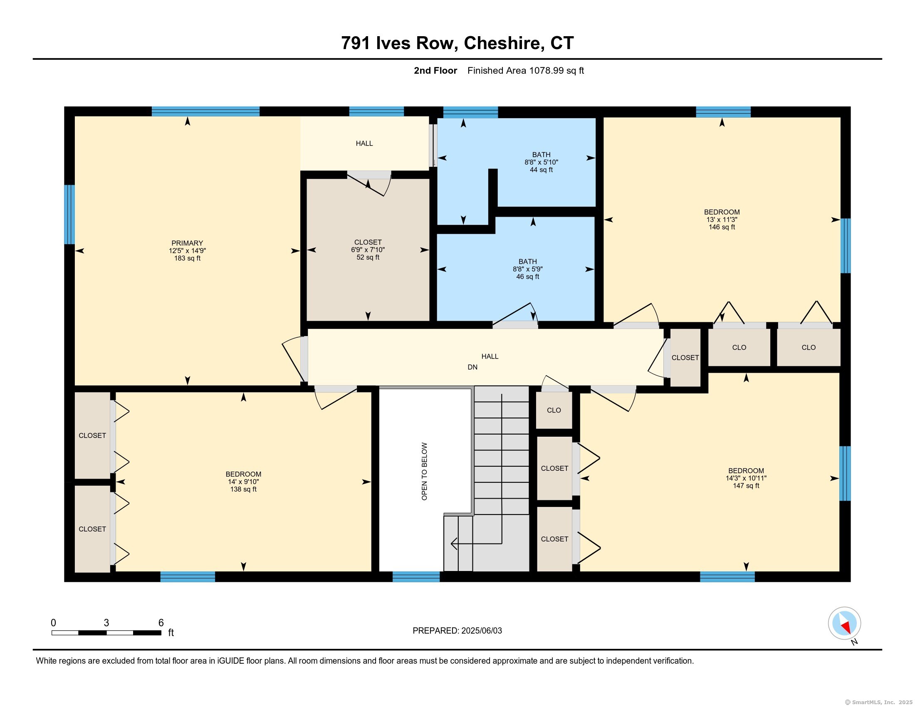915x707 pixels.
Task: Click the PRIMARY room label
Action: tap(187, 243)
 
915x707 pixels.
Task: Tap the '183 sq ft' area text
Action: tap(187, 258)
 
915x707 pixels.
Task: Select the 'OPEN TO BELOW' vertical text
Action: tap(424, 471)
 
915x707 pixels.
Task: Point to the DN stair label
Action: tap(472, 367)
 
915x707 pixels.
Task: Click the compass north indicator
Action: tap(845, 623)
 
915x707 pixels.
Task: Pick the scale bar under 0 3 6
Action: tap(106, 633)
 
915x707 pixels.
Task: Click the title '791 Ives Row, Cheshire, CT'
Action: tap(457, 43)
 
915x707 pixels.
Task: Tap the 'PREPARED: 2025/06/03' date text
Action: tap(457, 631)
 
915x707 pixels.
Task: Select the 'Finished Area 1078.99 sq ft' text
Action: tap(525, 71)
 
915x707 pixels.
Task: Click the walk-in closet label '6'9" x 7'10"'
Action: tap(368, 250)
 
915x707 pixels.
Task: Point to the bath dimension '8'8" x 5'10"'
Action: tap(541, 163)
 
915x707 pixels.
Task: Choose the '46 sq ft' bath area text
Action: tap(527, 277)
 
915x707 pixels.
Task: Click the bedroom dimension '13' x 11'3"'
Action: tap(722, 220)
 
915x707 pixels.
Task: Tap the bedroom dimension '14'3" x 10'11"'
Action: tap(746, 478)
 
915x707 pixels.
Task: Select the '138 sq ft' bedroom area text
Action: tap(243, 489)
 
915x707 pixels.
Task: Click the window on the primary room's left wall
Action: tap(69, 215)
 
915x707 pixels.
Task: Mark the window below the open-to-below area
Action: tap(416, 577)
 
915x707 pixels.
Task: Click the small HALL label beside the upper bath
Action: tap(364, 143)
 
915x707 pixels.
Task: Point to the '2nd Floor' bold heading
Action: tap(435, 71)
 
